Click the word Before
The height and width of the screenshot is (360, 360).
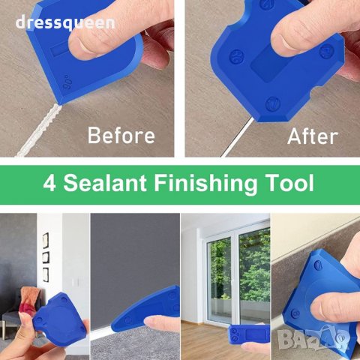[x=121, y=135]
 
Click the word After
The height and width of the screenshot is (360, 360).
[x=313, y=136]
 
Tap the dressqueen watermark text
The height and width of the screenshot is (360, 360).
[x=65, y=22]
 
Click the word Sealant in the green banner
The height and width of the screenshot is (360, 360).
[x=105, y=183]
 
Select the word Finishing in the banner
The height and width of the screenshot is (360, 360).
[x=205, y=184]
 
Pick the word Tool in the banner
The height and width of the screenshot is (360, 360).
[x=289, y=183]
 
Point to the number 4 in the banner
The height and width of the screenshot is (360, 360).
[x=49, y=183]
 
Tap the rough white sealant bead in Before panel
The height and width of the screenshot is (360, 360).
[x=37, y=130]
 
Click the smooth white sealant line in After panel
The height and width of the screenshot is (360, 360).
[x=237, y=137]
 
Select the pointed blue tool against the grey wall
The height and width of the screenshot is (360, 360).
[x=145, y=308]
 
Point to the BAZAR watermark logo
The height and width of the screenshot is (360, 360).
[x=313, y=338]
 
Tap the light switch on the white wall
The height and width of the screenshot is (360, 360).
[x=76, y=283]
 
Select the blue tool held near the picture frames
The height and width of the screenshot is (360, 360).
[x=60, y=320]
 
